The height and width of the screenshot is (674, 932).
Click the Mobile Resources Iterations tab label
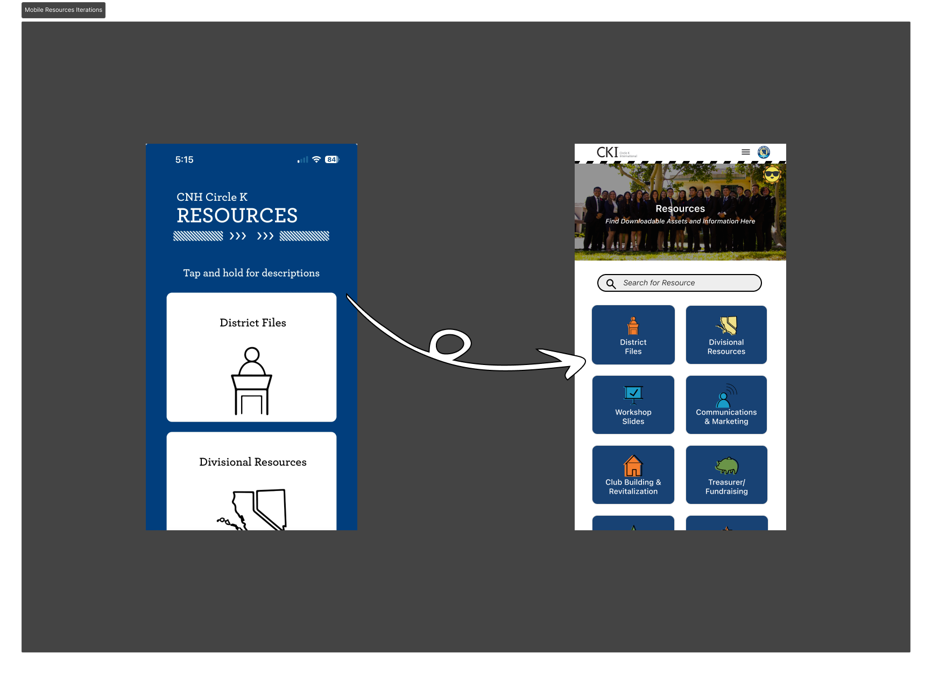point(63,10)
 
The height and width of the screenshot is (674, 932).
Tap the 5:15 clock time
point(184,160)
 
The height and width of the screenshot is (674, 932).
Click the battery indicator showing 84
point(331,160)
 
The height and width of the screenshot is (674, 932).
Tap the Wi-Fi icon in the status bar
point(316,159)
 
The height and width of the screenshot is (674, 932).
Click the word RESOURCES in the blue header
point(237,216)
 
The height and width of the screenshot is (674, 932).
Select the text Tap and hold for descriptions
point(251,273)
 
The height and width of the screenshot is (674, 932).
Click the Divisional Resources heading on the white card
point(252,462)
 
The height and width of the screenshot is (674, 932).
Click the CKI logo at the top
point(608,152)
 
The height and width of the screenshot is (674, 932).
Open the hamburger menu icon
point(746,152)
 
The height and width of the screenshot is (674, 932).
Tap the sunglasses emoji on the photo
point(772,174)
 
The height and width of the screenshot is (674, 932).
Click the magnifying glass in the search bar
point(611,284)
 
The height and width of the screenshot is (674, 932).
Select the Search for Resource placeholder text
point(659,283)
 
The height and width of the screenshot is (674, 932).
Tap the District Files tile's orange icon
point(633,326)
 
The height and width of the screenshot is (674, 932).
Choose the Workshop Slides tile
point(633,405)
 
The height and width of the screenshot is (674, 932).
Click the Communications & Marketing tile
point(726,405)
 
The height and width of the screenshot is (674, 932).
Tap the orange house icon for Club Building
point(633,466)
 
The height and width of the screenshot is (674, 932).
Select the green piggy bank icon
point(726,466)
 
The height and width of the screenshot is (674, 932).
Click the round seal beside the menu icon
point(764,152)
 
